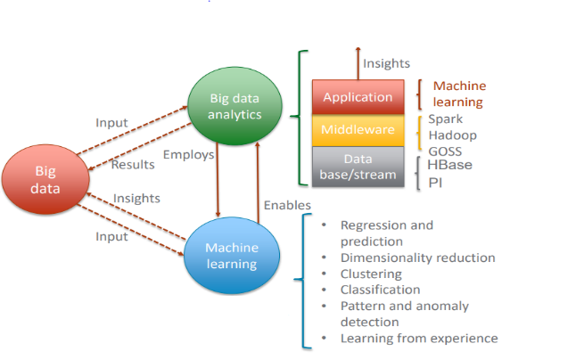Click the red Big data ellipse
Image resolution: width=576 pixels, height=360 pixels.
tap(45, 178)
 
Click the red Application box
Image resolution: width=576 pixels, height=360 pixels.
tap(358, 97)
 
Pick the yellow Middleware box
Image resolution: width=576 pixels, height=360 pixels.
tap(358, 130)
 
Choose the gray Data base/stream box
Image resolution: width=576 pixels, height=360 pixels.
tap(358, 167)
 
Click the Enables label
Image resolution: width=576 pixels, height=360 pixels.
tap(287, 206)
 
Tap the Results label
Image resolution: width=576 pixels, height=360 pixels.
tap(133, 165)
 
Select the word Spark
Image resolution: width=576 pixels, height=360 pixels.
tap(445, 119)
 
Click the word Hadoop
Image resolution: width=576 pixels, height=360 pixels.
tap(451, 135)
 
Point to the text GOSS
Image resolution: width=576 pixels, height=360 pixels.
tap(445, 151)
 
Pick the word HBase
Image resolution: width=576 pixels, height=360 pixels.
tap(450, 165)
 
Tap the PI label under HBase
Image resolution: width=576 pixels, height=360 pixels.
tap(435, 183)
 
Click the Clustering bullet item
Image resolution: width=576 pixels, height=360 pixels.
tap(371, 274)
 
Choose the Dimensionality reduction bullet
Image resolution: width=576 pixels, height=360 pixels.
tap(417, 258)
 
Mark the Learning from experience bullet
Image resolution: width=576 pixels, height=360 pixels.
tap(419, 339)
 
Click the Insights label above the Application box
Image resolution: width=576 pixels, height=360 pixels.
tap(386, 63)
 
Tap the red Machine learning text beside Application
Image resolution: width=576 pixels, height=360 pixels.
tap(459, 94)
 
